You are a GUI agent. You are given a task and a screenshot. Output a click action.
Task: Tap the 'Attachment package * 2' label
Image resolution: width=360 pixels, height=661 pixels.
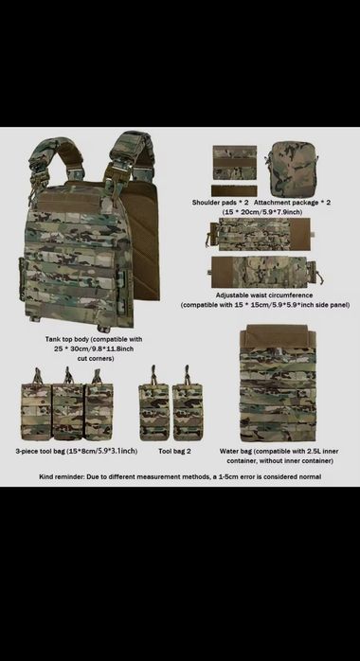(292, 203)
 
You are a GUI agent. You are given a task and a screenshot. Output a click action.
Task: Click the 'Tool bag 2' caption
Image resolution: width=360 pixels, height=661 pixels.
(174, 451)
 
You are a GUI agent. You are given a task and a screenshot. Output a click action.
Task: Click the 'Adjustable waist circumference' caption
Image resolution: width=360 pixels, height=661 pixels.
(264, 295)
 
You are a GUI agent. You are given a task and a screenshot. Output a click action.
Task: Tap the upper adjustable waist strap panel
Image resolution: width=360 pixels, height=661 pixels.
(260, 234)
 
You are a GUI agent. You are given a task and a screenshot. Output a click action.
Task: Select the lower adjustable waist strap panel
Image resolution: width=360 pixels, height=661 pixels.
(264, 272)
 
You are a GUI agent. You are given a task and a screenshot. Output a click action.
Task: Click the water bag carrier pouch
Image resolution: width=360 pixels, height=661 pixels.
(278, 384)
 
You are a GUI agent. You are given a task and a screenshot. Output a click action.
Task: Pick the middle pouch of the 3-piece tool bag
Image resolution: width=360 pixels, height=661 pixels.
(67, 404)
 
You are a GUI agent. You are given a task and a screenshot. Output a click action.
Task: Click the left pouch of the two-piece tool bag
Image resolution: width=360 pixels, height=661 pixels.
(153, 403)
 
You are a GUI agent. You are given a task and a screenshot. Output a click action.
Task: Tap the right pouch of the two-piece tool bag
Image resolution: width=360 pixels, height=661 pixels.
(188, 403)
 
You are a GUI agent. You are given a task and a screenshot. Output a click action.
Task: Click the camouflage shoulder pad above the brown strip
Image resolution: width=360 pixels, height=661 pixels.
(234, 162)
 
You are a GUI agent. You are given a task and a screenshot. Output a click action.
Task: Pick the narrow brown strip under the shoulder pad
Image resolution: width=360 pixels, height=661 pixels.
(234, 191)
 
